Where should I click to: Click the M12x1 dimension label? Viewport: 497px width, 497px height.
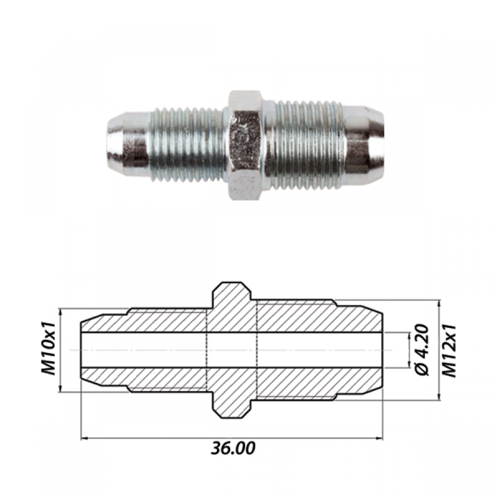click(x=449, y=351)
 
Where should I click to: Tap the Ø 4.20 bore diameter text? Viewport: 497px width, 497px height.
click(x=422, y=350)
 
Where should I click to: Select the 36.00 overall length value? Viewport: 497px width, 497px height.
click(x=233, y=449)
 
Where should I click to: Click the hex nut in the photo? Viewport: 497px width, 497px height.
click(x=245, y=145)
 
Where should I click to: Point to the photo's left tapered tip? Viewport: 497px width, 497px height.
click(x=127, y=140)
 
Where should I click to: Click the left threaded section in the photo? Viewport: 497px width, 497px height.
click(x=186, y=145)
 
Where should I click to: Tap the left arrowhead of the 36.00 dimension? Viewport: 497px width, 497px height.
click(x=84, y=438)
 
